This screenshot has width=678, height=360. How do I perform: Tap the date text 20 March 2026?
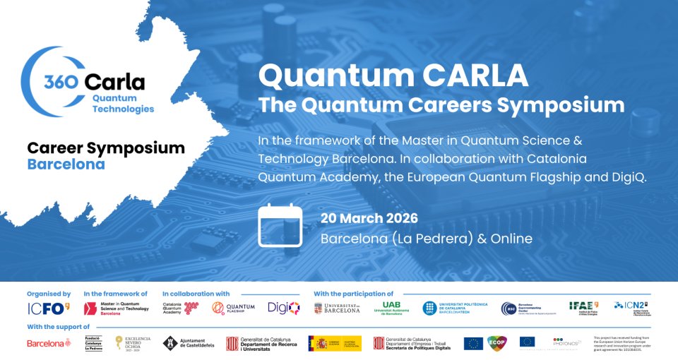pos(369,218)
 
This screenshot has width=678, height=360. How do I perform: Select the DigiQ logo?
pos(283,307)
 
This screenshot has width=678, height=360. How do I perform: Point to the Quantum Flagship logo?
pos(233,307)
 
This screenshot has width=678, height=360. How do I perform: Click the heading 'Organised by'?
pos(49,294)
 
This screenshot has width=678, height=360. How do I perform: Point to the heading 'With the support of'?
pos(59,327)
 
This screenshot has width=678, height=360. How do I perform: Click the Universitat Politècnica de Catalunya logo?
pos(455,308)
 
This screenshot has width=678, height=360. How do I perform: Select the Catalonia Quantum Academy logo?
pos(180,307)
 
